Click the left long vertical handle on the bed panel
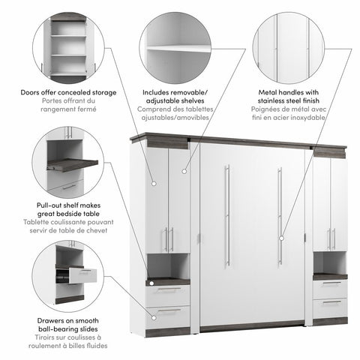tap(227, 215)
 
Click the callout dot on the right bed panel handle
tap(281, 238)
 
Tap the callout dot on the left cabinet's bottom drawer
tap(154, 318)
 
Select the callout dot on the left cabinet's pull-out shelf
tap(151, 283)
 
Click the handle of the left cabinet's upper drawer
tap(169, 289)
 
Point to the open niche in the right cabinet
tap(330, 262)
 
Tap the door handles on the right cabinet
tap(331, 239)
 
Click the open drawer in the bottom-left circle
tap(82, 275)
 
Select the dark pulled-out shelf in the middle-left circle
tap(73, 164)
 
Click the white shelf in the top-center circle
tap(178, 49)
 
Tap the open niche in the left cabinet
tap(168, 265)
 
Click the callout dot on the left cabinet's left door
tap(154, 184)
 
